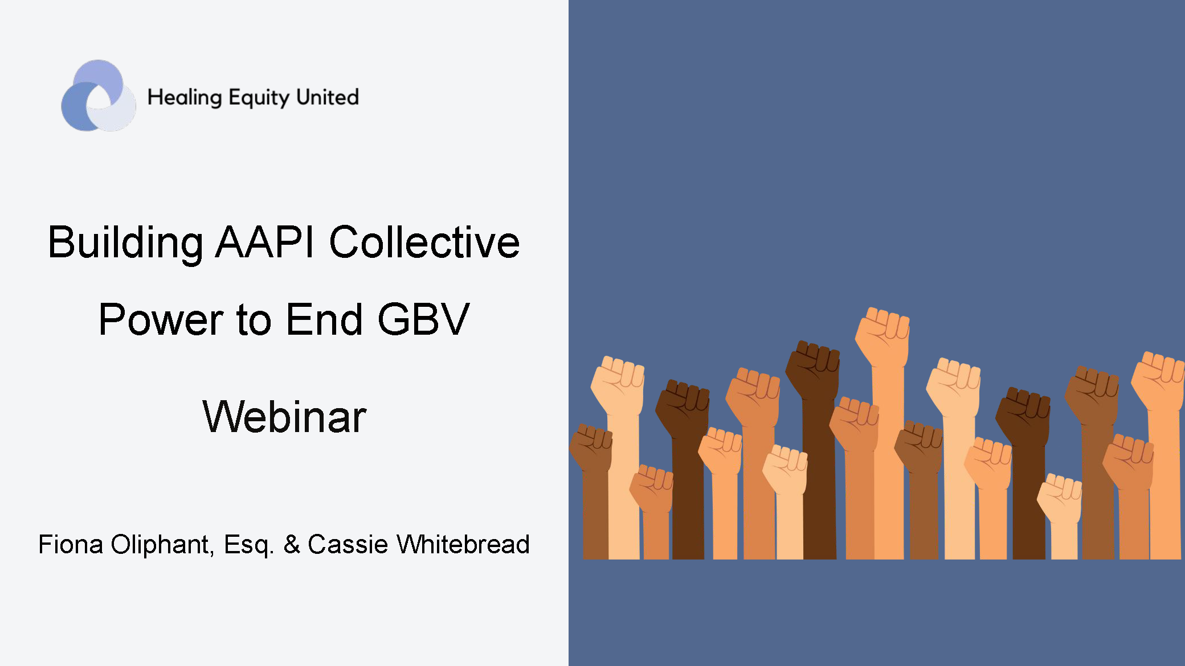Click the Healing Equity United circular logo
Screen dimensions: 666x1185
pyautogui.click(x=98, y=96)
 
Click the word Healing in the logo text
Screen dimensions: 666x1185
pyautogui.click(x=184, y=97)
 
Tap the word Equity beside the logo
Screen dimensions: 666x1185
pyautogui.click(x=259, y=98)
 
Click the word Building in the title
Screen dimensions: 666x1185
pyautogui.click(x=125, y=242)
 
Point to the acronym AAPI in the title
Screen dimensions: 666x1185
pyautogui.click(x=265, y=242)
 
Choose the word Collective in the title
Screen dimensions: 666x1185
pyautogui.click(x=424, y=242)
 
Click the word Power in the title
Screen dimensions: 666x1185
pyautogui.click(x=160, y=320)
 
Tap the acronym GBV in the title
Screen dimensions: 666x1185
pyautogui.click(x=423, y=320)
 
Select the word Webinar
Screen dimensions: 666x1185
pyautogui.click(x=284, y=417)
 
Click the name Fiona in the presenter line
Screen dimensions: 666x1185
pyautogui.click(x=71, y=545)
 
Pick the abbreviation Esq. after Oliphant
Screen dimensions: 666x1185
pyautogui.click(x=249, y=545)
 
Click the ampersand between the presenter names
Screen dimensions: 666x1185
pyautogui.click(x=292, y=545)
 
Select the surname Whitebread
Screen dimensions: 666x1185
pyautogui.click(x=463, y=545)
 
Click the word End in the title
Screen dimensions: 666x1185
pyautogui.click(x=324, y=320)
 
